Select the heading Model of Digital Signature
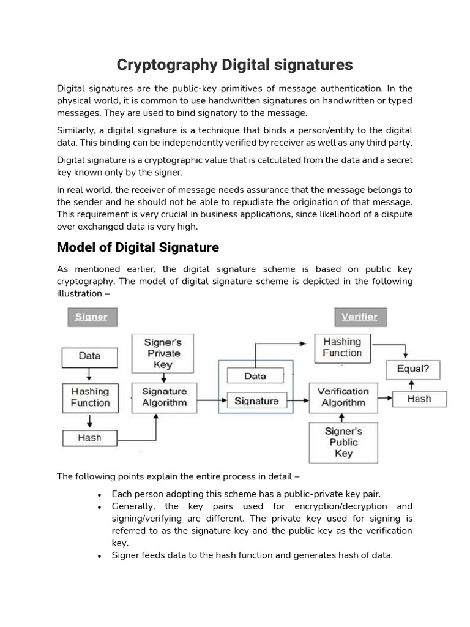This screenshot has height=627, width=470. click(x=138, y=247)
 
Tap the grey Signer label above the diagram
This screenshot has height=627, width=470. click(x=91, y=317)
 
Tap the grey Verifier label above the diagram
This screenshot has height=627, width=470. click(x=359, y=317)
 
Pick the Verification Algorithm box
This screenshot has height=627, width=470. click(x=343, y=397)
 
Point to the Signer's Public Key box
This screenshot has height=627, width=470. click(x=343, y=442)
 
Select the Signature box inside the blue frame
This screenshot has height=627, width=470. click(x=257, y=401)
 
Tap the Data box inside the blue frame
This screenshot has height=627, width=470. click(x=255, y=376)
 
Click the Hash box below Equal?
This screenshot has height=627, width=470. click(x=419, y=399)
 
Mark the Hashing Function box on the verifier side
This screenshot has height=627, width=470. click(x=342, y=348)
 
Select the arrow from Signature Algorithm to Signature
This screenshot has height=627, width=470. click(x=203, y=401)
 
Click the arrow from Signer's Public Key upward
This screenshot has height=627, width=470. click(x=343, y=417)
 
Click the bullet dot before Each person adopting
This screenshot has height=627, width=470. click(x=99, y=494)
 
